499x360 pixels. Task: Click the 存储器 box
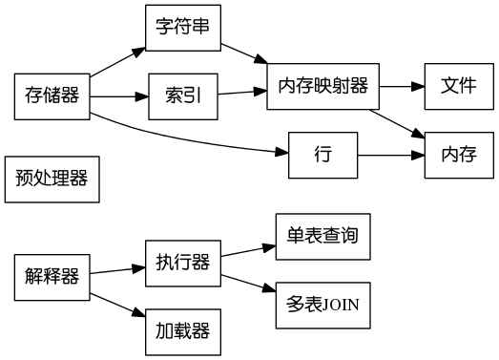52,95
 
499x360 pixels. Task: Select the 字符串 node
182,29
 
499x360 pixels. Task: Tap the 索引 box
182,95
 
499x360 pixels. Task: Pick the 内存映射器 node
322,85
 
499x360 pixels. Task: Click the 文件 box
459,85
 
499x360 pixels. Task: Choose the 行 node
322,154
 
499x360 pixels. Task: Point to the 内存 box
459,154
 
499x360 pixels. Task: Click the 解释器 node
52,277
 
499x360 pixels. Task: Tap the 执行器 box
182,263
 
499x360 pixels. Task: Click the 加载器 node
182,331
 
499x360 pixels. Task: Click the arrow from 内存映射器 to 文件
402,85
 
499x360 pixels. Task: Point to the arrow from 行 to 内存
391,154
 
